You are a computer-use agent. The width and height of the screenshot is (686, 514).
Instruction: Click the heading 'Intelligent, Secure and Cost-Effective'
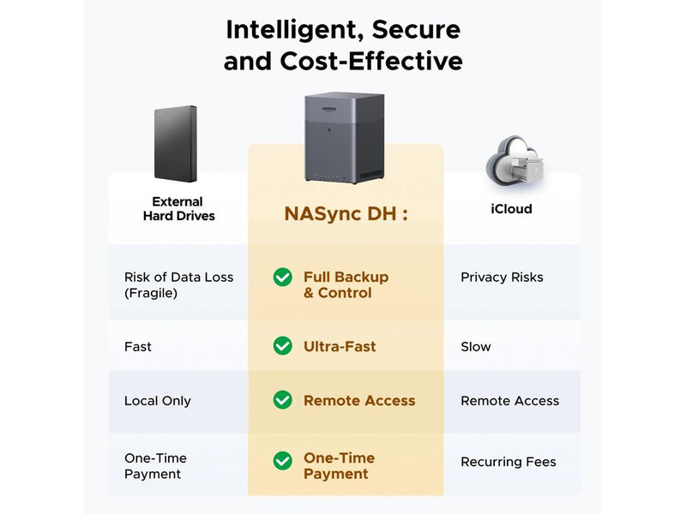point(343,45)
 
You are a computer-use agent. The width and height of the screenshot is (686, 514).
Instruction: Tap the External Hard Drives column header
point(178,209)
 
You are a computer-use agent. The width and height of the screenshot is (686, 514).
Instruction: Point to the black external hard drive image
point(176,144)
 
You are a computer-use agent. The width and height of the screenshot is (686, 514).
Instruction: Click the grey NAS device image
point(346,140)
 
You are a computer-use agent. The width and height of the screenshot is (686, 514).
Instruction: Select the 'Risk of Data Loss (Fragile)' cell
point(178,284)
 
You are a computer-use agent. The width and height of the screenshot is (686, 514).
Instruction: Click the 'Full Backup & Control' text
point(346,284)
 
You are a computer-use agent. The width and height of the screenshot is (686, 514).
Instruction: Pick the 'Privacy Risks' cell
point(502,278)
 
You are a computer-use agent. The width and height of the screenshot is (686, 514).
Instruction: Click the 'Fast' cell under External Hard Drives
point(138,347)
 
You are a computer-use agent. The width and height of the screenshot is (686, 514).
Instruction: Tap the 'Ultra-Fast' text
point(340,347)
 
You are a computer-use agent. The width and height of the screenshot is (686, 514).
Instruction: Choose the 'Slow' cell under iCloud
point(476,347)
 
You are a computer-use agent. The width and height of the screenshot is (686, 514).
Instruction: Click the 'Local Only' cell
point(158,401)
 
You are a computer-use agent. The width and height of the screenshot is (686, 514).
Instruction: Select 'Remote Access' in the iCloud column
point(509,401)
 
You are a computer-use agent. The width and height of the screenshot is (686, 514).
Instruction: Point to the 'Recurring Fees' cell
point(508,462)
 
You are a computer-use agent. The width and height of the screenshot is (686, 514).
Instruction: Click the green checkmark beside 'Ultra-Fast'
point(282,346)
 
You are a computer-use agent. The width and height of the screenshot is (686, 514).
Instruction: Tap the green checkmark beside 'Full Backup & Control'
point(282,277)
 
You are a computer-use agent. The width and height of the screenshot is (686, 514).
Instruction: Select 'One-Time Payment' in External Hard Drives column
point(155,466)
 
